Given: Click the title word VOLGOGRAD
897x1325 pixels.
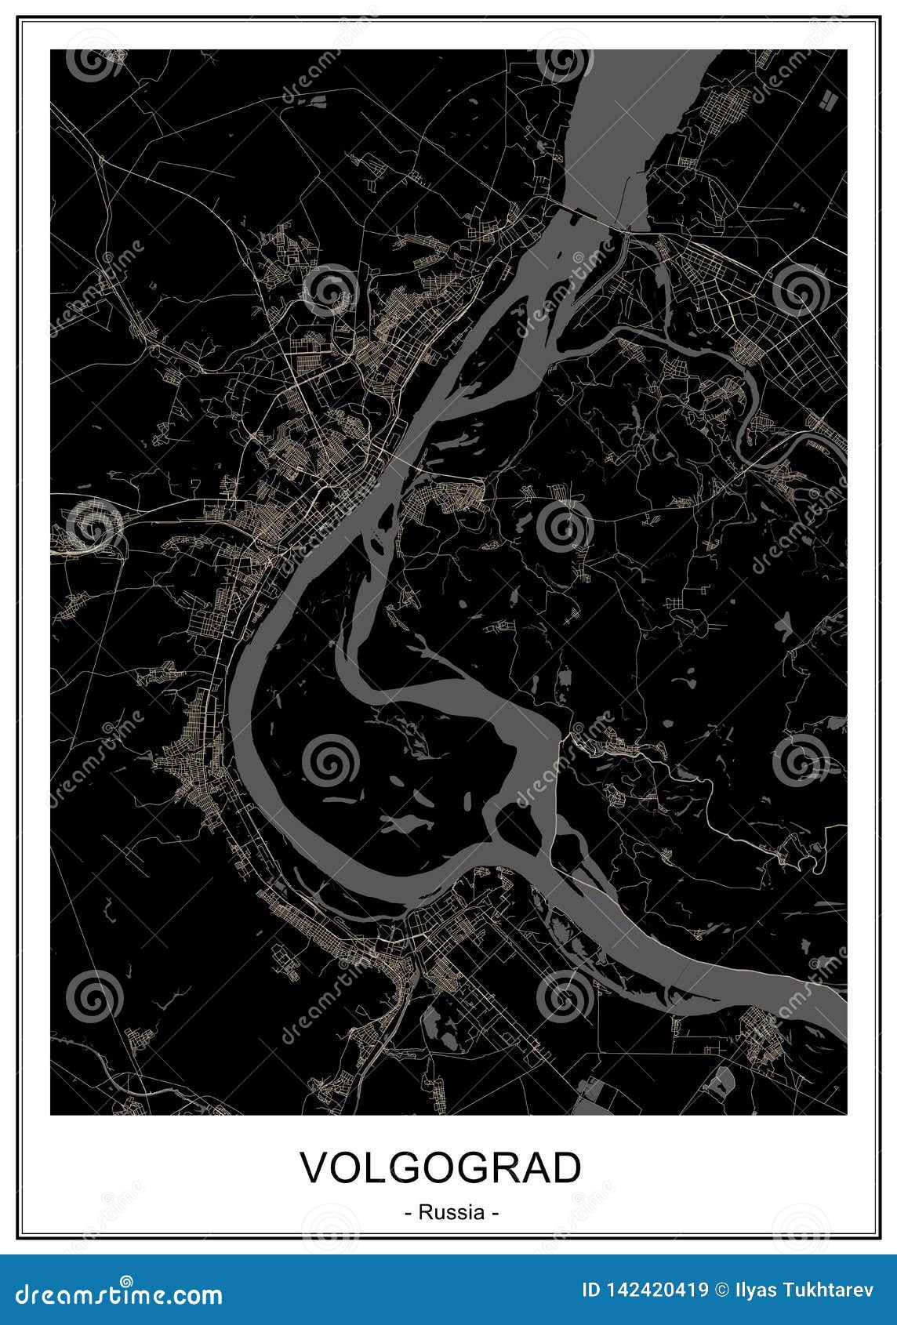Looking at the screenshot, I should coord(441,1167).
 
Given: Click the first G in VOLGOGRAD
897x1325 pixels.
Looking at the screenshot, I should coord(406,1167).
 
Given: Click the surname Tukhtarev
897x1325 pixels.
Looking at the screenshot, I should coord(832,1290).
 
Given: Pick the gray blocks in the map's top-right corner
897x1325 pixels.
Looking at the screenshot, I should coord(826,98).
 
